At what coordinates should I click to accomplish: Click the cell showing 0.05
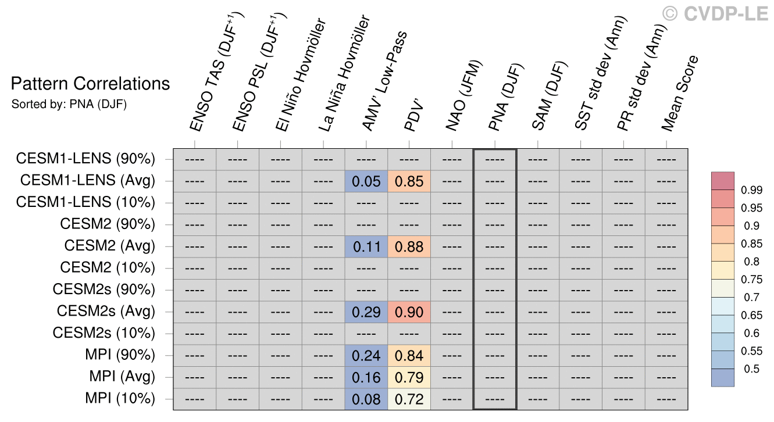[366, 181]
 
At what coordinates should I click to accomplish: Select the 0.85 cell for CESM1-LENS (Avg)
[409, 181]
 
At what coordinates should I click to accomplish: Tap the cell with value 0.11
[366, 246]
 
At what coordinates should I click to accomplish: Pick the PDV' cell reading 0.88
[409, 246]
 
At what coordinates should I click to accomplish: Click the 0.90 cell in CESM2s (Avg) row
[409, 312]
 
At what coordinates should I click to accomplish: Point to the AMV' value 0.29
[366, 312]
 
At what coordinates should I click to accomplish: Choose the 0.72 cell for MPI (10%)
[409, 399]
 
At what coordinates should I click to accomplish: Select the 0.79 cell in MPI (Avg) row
[409, 377]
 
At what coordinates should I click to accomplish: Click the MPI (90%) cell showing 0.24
[366, 356]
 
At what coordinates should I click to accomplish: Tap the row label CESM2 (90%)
[108, 224]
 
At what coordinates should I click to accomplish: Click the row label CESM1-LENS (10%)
[85, 202]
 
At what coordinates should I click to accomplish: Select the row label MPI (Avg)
[122, 377]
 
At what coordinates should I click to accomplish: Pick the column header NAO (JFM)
[463, 96]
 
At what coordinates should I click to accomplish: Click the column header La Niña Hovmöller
[344, 73]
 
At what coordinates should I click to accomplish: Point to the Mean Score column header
[680, 93]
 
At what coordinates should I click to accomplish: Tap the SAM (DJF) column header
[549, 96]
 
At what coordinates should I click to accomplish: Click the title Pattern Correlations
[90, 84]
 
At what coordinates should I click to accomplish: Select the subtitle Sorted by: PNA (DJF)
[69, 104]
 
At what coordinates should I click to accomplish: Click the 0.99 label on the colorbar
[751, 190]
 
